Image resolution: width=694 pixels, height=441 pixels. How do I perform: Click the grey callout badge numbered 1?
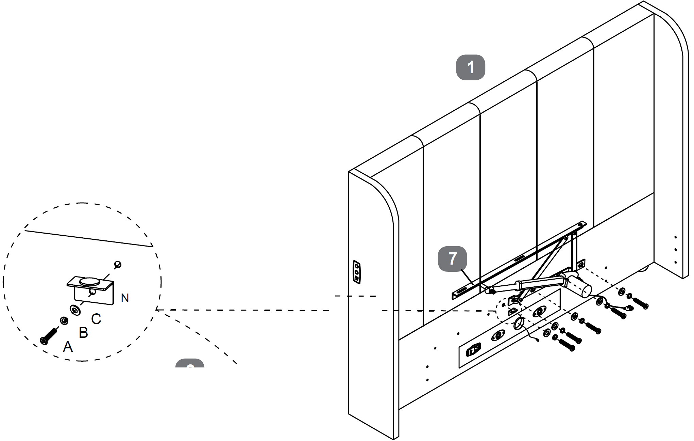470,67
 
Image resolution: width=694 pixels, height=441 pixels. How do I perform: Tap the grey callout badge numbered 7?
452,259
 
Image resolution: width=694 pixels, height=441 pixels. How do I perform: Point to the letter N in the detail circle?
125,298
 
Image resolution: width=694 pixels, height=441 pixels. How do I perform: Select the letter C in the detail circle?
96,319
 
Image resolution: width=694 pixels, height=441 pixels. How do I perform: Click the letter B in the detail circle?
83,333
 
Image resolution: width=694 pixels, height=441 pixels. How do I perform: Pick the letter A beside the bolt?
68,347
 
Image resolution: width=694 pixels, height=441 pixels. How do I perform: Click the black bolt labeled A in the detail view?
49,336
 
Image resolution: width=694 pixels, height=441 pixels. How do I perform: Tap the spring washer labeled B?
64,320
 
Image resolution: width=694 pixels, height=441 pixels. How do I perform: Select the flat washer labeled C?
75,310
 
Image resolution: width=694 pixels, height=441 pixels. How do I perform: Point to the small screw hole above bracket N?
118,264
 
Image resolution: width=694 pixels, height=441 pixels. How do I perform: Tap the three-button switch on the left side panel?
357,272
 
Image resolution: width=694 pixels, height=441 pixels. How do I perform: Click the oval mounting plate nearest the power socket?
497,336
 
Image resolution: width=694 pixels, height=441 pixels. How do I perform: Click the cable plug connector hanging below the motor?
629,309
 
